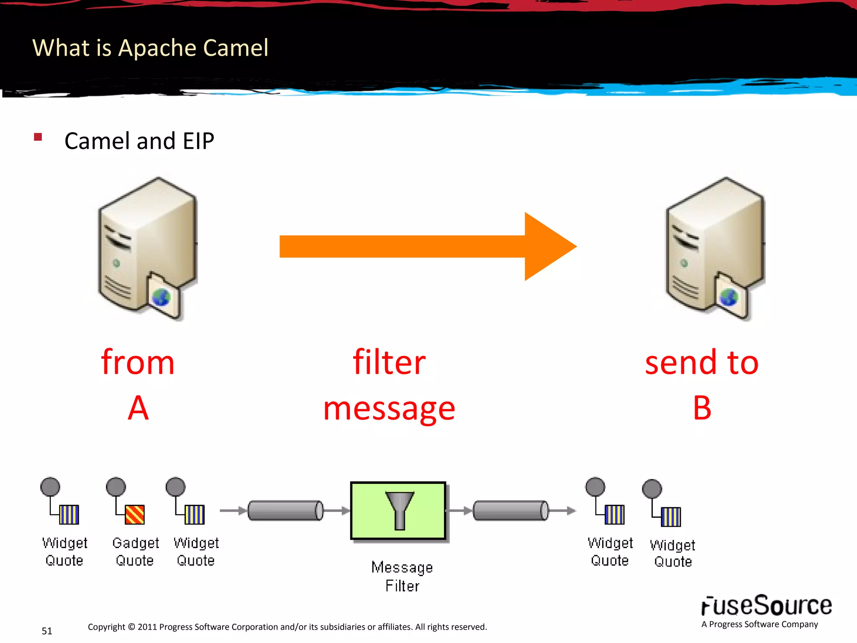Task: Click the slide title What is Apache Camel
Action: pyautogui.click(x=150, y=48)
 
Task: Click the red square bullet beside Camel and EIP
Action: pyautogui.click(x=38, y=137)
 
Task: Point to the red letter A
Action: pyautogui.click(x=138, y=408)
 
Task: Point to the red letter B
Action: pyautogui.click(x=702, y=408)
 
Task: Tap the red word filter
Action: pyautogui.click(x=389, y=362)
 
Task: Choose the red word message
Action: pyautogui.click(x=389, y=409)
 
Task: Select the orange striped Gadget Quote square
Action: pyautogui.click(x=135, y=514)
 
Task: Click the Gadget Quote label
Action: pyautogui.click(x=135, y=551)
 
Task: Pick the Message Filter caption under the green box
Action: pyautogui.click(x=402, y=576)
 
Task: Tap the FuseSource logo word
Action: pyautogui.click(x=766, y=605)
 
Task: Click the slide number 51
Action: pyautogui.click(x=47, y=631)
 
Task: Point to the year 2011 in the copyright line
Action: pyautogui.click(x=147, y=627)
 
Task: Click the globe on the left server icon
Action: pyautogui.click(x=161, y=298)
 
